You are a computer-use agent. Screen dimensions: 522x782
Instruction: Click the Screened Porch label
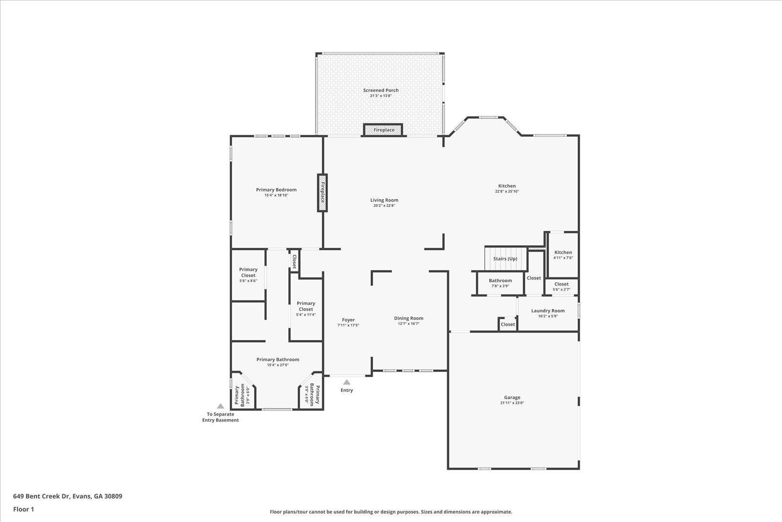(x=381, y=90)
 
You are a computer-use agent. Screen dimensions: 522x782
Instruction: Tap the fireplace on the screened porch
(x=384, y=130)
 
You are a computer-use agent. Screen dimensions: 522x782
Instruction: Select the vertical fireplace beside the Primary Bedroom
(x=322, y=193)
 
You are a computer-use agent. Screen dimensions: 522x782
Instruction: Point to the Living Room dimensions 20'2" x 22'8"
(x=384, y=205)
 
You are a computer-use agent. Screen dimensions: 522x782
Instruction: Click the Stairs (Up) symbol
(x=505, y=259)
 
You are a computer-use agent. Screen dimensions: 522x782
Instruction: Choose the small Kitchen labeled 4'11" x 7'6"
(x=563, y=255)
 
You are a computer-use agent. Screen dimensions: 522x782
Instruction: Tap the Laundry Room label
(x=548, y=311)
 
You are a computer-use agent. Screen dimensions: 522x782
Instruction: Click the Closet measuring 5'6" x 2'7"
(x=562, y=286)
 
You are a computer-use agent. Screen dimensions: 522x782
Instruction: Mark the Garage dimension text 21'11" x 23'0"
(x=512, y=403)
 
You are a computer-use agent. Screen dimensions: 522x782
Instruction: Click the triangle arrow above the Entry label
(x=347, y=382)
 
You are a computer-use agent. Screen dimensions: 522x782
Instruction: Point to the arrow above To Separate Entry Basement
(x=220, y=406)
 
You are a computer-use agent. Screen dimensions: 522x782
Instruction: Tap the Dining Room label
(x=409, y=318)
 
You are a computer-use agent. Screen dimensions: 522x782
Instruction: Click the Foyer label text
(x=348, y=320)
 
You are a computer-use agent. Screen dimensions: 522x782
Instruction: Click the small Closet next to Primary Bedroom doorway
(x=294, y=262)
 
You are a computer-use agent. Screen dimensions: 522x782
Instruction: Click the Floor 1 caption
(x=23, y=509)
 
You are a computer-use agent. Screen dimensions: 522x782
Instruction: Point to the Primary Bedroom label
(x=276, y=190)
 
